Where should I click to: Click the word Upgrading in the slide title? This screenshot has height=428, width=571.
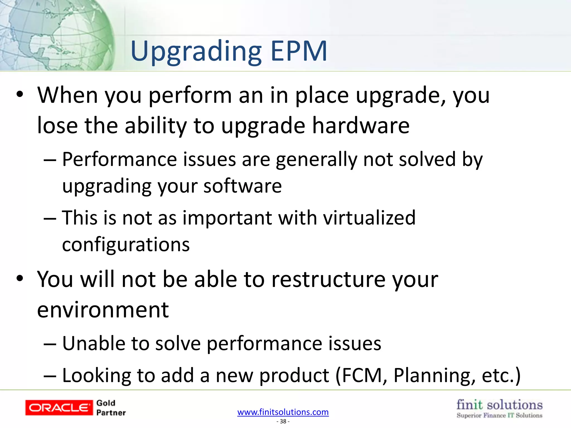point(196,52)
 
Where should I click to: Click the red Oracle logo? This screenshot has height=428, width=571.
point(59,408)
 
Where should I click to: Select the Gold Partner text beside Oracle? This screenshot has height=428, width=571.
point(111,408)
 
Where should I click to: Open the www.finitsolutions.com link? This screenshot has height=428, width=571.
point(283,412)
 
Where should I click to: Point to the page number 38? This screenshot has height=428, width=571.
point(283,421)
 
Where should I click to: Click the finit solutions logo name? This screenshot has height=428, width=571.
point(499,405)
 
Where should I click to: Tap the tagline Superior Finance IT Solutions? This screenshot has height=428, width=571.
point(499,415)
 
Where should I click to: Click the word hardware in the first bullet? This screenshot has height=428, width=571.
point(361,125)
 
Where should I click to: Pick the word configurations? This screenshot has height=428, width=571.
point(126,245)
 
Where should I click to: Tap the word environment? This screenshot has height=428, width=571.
point(103,310)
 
